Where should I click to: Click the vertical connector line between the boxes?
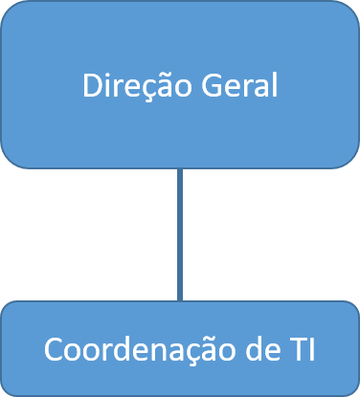coord(180,234)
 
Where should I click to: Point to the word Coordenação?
coord(138,350)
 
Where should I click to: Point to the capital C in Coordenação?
coord(53,350)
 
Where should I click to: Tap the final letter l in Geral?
coord(274,86)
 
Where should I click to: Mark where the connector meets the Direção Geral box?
coord(180,168)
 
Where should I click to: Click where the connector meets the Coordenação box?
coord(180,301)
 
